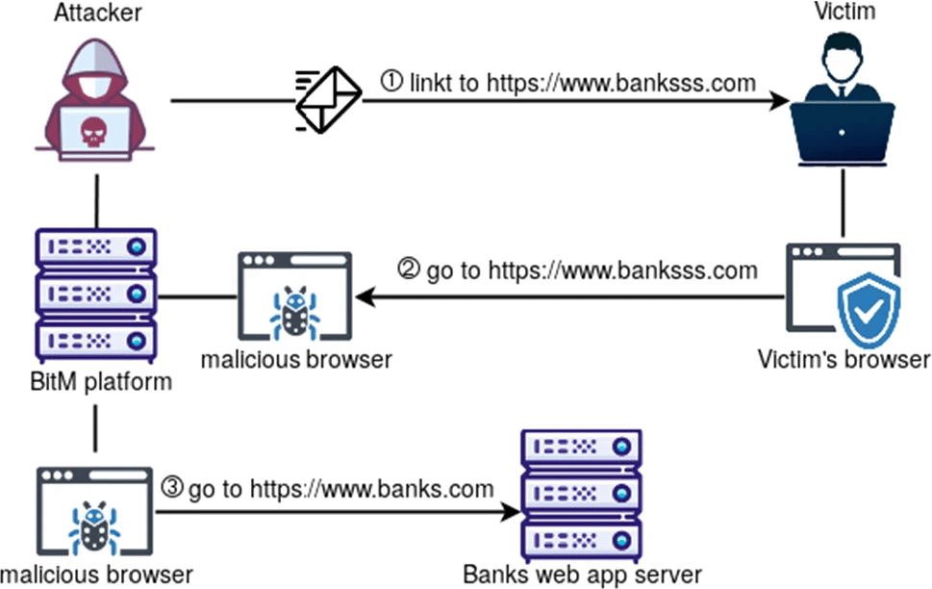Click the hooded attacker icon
click(93, 102)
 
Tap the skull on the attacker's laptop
click(92, 131)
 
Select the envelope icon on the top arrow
click(328, 100)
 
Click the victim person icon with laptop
click(843, 105)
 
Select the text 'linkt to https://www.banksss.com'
click(582, 83)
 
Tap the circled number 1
click(392, 83)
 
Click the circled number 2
click(409, 270)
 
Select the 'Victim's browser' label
click(844, 360)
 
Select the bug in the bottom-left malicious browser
click(94, 528)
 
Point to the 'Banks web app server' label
click(582, 575)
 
